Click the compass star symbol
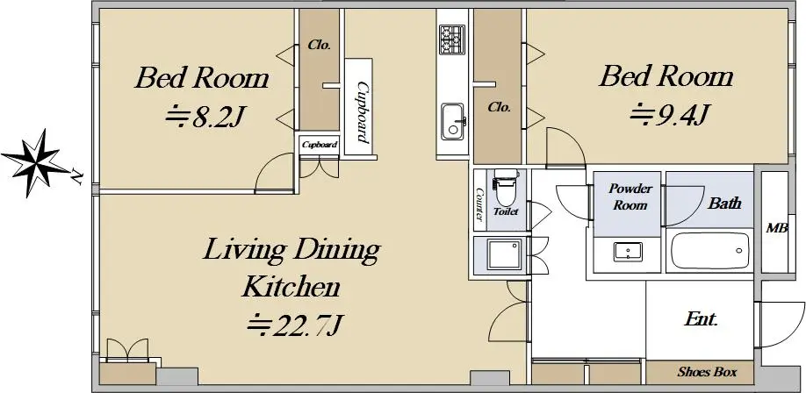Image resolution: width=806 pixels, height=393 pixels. [35, 163]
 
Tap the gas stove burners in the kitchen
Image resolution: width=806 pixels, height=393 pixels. [452, 39]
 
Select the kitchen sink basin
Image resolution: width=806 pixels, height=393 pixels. [452, 121]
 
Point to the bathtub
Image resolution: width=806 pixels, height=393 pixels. [709, 251]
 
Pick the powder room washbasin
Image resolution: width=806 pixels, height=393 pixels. [628, 253]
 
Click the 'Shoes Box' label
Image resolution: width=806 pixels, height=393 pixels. [708, 372]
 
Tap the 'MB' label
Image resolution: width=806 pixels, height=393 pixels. [777, 229]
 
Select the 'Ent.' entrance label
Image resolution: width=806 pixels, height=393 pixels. [701, 319]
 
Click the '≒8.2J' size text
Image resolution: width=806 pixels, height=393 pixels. [204, 118]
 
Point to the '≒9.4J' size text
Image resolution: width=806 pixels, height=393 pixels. [670, 115]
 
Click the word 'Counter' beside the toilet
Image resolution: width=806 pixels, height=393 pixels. [479, 204]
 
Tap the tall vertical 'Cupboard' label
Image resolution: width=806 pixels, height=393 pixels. [362, 112]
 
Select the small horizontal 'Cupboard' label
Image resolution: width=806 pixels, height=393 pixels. [320, 145]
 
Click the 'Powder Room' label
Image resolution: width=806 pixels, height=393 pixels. [630, 196]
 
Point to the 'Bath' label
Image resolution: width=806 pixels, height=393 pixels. [724, 203]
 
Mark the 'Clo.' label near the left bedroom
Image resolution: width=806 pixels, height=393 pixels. [320, 45]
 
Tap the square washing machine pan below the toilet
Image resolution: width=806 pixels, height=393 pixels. [505, 254]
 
